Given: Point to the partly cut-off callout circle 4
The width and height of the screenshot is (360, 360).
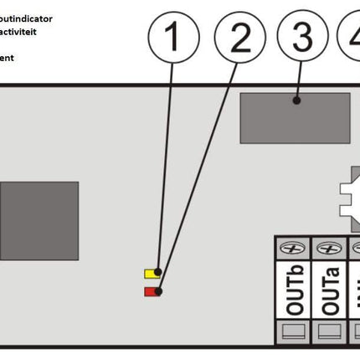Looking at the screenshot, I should coord(352,39).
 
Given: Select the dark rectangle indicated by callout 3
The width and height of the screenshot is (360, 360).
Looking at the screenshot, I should coord(295,117).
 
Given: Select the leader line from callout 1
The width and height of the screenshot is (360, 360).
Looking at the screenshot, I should coord(166,167).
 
